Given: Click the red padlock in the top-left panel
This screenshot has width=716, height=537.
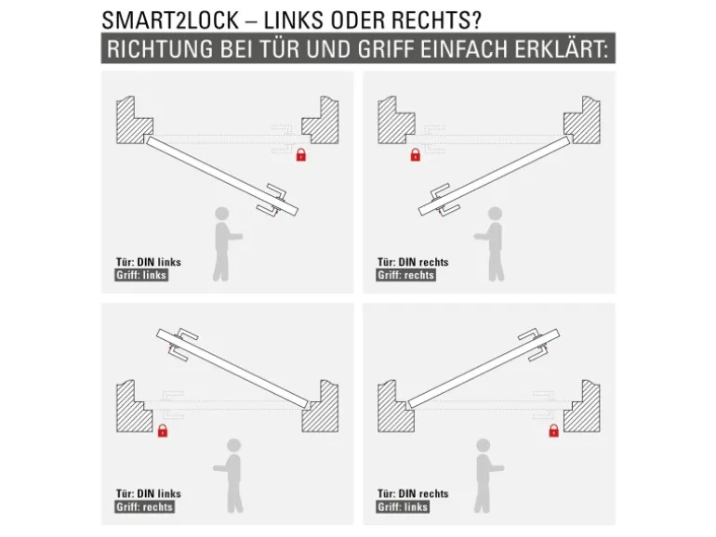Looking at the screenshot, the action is tap(301, 155).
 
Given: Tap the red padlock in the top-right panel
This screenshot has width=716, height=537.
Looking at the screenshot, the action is tap(415, 155).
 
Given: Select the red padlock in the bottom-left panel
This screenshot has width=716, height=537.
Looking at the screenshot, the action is tap(163, 430).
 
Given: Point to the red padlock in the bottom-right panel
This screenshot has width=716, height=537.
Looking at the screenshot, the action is tap(554, 430).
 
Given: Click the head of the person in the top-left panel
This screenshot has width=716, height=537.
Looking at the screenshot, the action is tap(222, 214).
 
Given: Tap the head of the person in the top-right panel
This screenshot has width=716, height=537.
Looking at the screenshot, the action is tap(495, 214).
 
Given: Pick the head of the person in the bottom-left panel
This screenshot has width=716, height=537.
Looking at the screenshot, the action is tap(233, 446).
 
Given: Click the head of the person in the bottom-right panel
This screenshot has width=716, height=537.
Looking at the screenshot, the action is tap(484, 446).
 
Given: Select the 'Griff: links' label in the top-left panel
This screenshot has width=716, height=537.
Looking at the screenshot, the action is tap(141, 275).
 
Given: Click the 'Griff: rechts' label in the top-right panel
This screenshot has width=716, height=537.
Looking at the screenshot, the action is tap(405, 275).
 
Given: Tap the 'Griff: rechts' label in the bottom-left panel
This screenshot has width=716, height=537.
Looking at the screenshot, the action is tap(144, 507).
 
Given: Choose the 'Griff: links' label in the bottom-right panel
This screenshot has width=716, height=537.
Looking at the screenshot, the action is tap(403, 507).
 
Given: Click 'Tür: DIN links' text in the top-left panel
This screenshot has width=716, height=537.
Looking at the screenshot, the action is tap(149, 262).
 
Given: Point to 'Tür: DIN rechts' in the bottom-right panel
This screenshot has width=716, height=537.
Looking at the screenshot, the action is tap(413, 493).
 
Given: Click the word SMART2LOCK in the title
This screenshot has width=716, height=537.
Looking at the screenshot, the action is tap(170, 20).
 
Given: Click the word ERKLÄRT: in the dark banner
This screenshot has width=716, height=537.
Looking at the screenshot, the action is tap(562, 49).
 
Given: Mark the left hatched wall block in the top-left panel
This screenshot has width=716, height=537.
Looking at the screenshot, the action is tap(135, 121).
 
